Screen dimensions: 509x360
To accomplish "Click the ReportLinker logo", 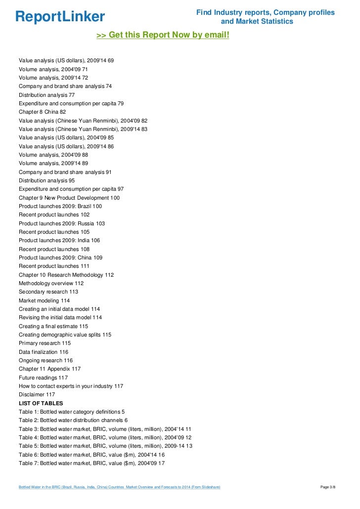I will [60, 16].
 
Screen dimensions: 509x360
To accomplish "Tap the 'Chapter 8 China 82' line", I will [42, 112].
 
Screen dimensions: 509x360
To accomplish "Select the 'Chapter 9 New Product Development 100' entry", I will [69, 198].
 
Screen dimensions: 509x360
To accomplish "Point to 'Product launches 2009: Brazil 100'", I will [60, 206].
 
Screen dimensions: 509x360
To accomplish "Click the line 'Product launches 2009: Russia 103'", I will [62, 223].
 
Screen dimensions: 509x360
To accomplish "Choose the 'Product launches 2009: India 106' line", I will [59, 241].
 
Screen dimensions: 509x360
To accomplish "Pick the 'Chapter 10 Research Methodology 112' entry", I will [66, 275].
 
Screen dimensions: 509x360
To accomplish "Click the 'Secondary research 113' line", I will [48, 292].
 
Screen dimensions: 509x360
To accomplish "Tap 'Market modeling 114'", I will [45, 300].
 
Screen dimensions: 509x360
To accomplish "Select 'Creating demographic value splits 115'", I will [65, 335].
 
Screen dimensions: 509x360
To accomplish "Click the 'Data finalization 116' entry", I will [44, 352].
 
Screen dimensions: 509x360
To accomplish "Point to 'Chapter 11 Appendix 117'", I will [49, 369].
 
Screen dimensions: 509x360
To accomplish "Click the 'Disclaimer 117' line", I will [37, 394].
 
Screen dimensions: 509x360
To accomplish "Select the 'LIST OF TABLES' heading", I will [41, 403].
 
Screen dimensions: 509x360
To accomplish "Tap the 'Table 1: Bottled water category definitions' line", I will [72, 412].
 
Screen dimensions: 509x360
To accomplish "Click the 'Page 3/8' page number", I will [328, 487].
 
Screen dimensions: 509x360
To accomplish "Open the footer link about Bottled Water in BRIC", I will [119, 487].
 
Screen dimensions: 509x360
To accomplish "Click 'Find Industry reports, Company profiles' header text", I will [265, 12].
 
